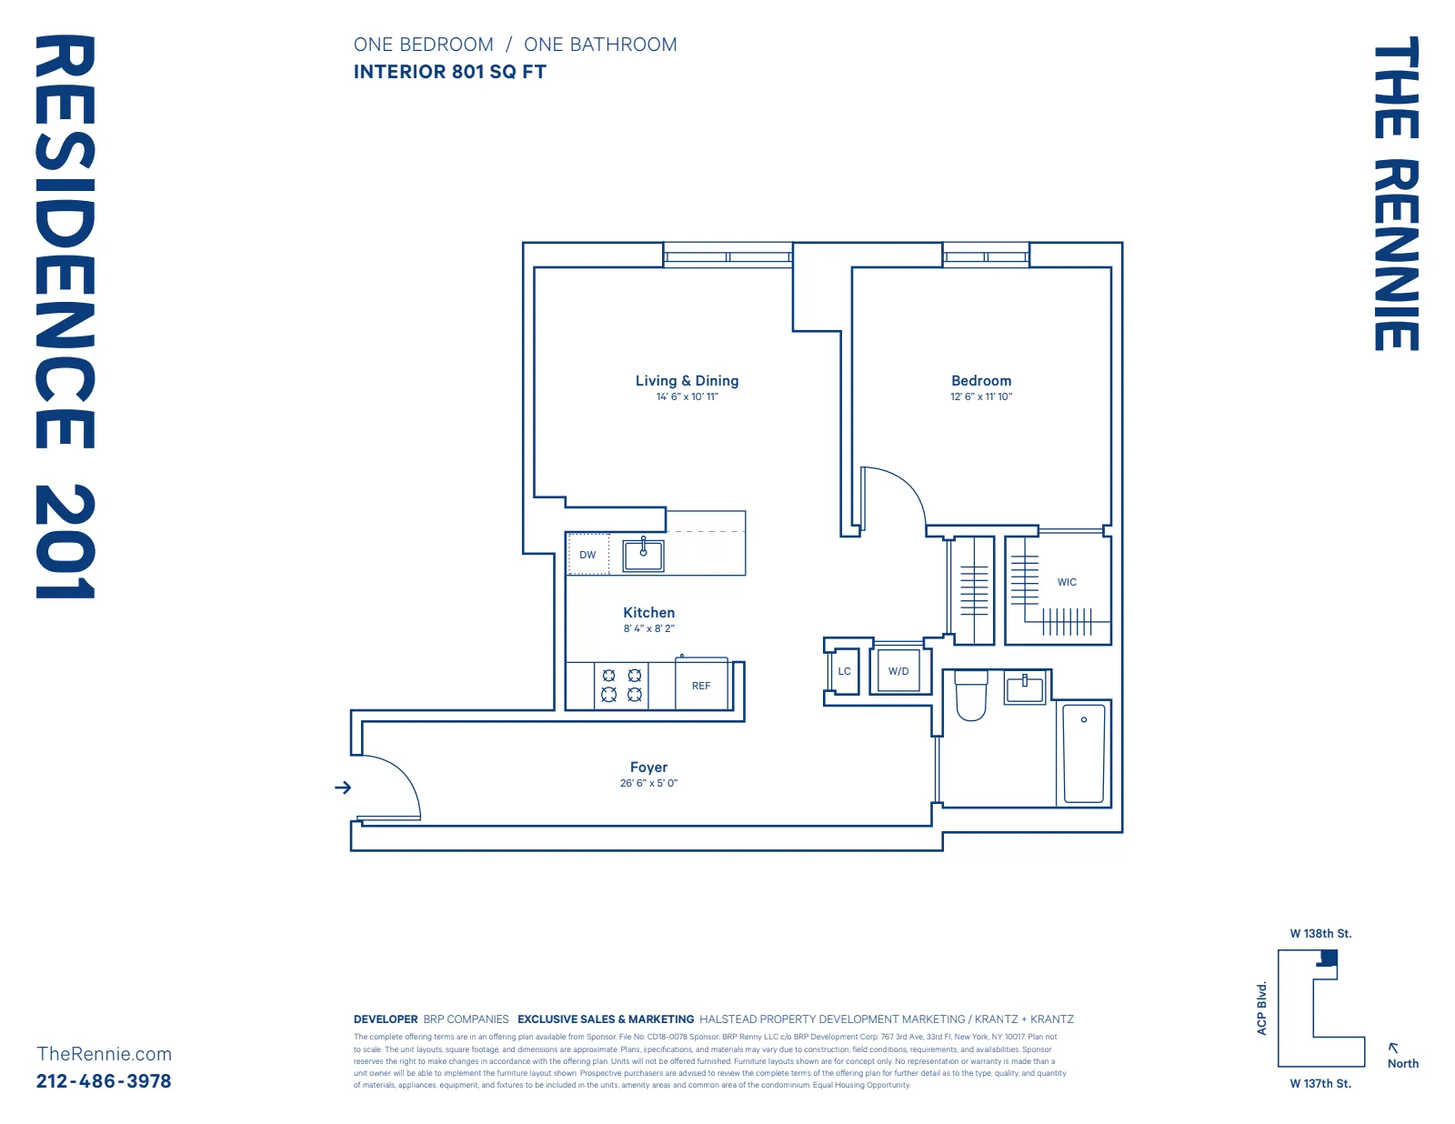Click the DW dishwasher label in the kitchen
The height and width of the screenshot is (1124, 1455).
point(587,555)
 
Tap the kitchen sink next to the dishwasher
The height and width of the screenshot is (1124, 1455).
point(643,555)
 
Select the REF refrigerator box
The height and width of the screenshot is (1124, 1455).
point(701,686)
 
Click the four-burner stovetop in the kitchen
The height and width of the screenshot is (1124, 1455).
point(622,685)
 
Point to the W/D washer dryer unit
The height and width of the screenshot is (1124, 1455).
point(898,671)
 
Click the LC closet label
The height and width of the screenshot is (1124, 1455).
point(844,671)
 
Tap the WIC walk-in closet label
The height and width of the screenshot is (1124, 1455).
point(1067,582)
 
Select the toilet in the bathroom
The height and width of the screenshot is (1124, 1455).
point(971,695)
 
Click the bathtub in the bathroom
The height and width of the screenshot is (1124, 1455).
point(1084,753)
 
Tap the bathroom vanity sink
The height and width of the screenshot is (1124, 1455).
point(1025,687)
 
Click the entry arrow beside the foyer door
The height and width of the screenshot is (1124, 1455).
point(343,788)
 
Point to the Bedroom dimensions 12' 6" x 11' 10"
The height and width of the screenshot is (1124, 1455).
point(981,396)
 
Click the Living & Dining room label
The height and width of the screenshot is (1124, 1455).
point(687,381)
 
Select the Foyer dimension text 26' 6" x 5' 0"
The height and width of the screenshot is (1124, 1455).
point(648,783)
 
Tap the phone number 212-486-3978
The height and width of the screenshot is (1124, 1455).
point(104,1081)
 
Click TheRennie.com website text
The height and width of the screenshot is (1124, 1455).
point(104,1054)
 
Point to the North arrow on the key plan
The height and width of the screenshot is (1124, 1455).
point(1394,1049)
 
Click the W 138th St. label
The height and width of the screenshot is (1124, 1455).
point(1320,934)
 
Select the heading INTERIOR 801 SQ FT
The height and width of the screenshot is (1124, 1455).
point(450,72)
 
